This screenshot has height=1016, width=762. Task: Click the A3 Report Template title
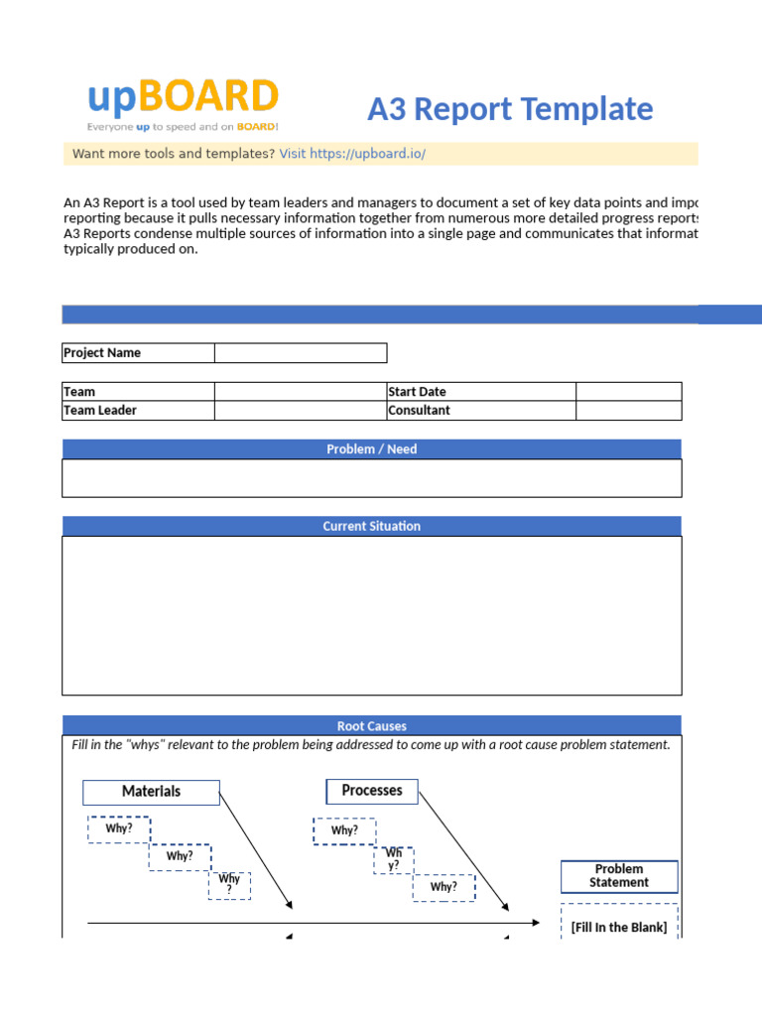(x=510, y=109)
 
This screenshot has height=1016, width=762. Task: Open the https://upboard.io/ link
(x=367, y=154)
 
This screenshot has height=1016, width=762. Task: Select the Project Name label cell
(x=138, y=353)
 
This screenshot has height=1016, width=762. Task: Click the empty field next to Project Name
(x=301, y=353)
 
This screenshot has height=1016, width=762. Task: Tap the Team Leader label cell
(x=138, y=411)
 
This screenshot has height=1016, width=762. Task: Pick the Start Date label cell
(x=480, y=392)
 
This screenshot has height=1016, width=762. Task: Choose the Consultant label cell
(x=480, y=411)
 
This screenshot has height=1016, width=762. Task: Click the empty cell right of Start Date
(x=628, y=392)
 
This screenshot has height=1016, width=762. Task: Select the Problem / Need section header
(x=372, y=449)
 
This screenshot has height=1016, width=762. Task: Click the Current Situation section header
(x=372, y=527)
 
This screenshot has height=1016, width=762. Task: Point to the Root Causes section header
(x=372, y=726)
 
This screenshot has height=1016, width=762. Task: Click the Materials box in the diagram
(x=151, y=792)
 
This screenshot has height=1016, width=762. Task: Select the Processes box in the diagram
(x=372, y=791)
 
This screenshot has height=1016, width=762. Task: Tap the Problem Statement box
(x=619, y=876)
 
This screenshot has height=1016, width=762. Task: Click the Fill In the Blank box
(x=619, y=927)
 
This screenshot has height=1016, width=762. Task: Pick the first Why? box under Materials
(x=119, y=829)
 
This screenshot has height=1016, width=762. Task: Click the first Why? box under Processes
(x=344, y=831)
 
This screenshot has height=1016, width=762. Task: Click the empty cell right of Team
(x=301, y=392)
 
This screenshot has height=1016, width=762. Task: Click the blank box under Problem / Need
(x=372, y=478)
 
